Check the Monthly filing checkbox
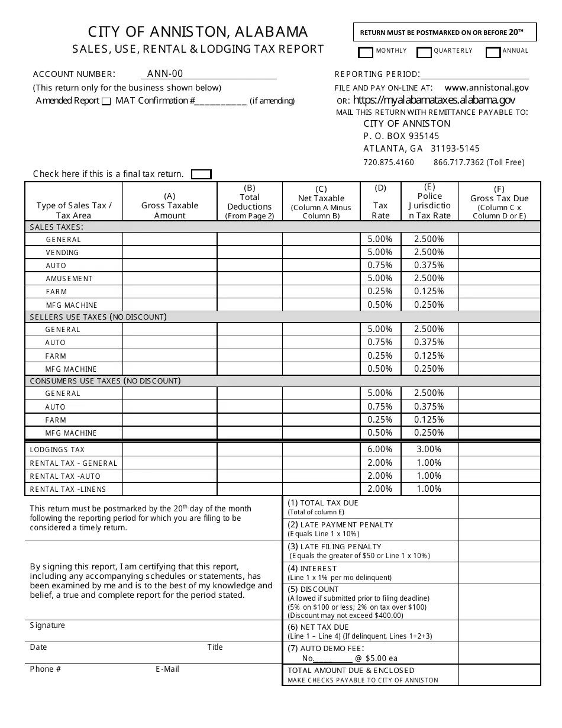tap(366, 53)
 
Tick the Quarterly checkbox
tap(424, 53)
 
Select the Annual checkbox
tap(493, 53)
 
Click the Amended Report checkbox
tap(106, 101)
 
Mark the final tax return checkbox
tap(201, 174)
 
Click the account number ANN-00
tap(165, 73)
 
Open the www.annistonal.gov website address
tap(486, 87)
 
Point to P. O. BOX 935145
tap(401, 136)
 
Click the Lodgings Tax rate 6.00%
tap(380, 449)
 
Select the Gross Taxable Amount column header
tap(170, 205)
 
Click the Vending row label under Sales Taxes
tap(62, 253)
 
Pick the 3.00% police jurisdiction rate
tap(429, 449)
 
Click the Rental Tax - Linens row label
tap(68, 489)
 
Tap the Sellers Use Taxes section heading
tap(98, 317)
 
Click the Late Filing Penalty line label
tap(334, 546)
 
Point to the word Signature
tap(47, 626)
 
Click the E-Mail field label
tap(167, 669)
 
